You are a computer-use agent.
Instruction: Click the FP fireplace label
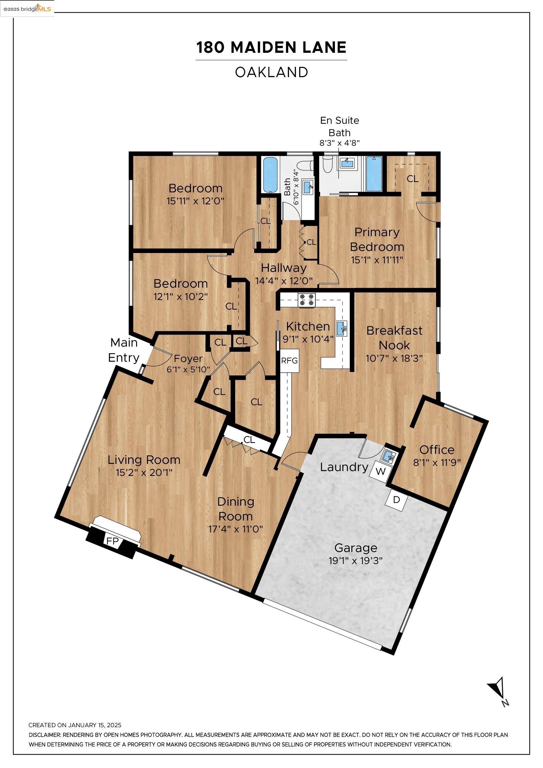[x=112, y=541]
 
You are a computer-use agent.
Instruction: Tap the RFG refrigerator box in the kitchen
[x=289, y=361]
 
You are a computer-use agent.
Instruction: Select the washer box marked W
[x=380, y=471]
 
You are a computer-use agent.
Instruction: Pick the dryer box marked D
[x=396, y=500]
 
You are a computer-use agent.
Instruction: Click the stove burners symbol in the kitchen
[x=306, y=300]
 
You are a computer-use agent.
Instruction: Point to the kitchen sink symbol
[x=342, y=328]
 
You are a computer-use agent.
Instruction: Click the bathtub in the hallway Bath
[x=270, y=175]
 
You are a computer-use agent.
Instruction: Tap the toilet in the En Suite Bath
[x=328, y=164]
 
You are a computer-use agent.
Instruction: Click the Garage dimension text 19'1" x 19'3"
[x=355, y=561]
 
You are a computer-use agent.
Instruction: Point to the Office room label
[x=437, y=450]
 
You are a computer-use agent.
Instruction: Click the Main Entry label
[x=124, y=350]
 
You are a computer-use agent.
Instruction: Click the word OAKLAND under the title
[x=271, y=72]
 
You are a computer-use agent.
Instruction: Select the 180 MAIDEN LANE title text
[x=271, y=47]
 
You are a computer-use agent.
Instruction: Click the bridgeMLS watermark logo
[x=27, y=8]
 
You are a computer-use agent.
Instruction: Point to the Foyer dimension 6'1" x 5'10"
[x=188, y=370]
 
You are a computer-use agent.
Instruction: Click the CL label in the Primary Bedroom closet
[x=412, y=179]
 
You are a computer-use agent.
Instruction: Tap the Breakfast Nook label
[x=394, y=338]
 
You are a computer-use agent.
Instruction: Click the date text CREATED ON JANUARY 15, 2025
[x=75, y=725]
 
